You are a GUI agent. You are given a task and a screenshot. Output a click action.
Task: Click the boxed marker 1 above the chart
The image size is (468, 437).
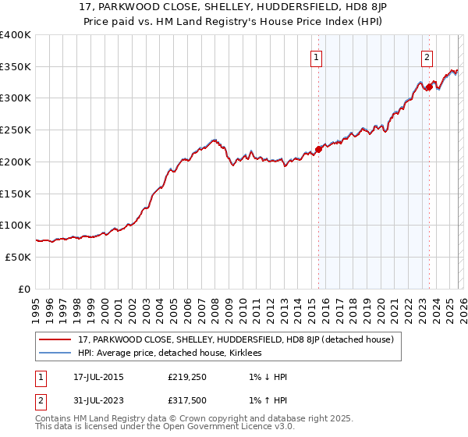(317, 56)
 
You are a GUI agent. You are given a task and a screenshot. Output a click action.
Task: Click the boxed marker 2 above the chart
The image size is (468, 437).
(427, 56)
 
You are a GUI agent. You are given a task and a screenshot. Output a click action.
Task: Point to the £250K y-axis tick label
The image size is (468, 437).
(16, 130)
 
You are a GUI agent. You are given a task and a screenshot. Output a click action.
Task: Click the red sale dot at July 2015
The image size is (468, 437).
(318, 149)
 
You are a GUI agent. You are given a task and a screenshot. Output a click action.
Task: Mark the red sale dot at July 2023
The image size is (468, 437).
(428, 87)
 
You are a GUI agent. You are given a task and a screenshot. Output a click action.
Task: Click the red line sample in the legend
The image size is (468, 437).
(56, 339)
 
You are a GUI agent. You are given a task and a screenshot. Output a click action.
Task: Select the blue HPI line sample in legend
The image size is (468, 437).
(56, 353)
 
